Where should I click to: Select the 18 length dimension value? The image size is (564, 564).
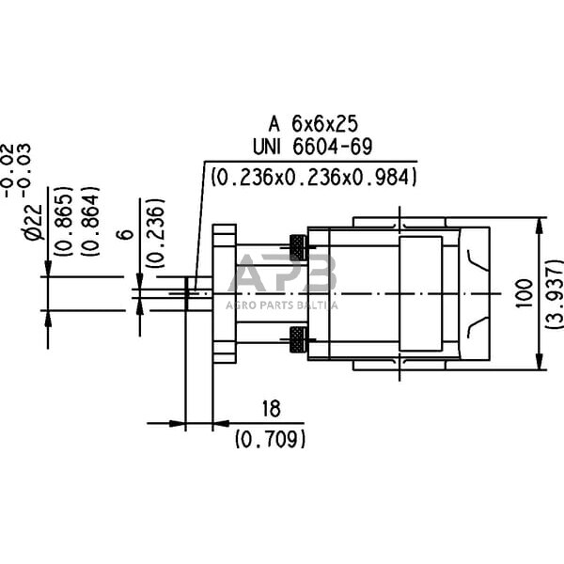(271, 409)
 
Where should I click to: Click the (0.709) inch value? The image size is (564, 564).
(271, 437)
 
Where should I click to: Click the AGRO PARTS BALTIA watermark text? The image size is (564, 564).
(281, 303)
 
